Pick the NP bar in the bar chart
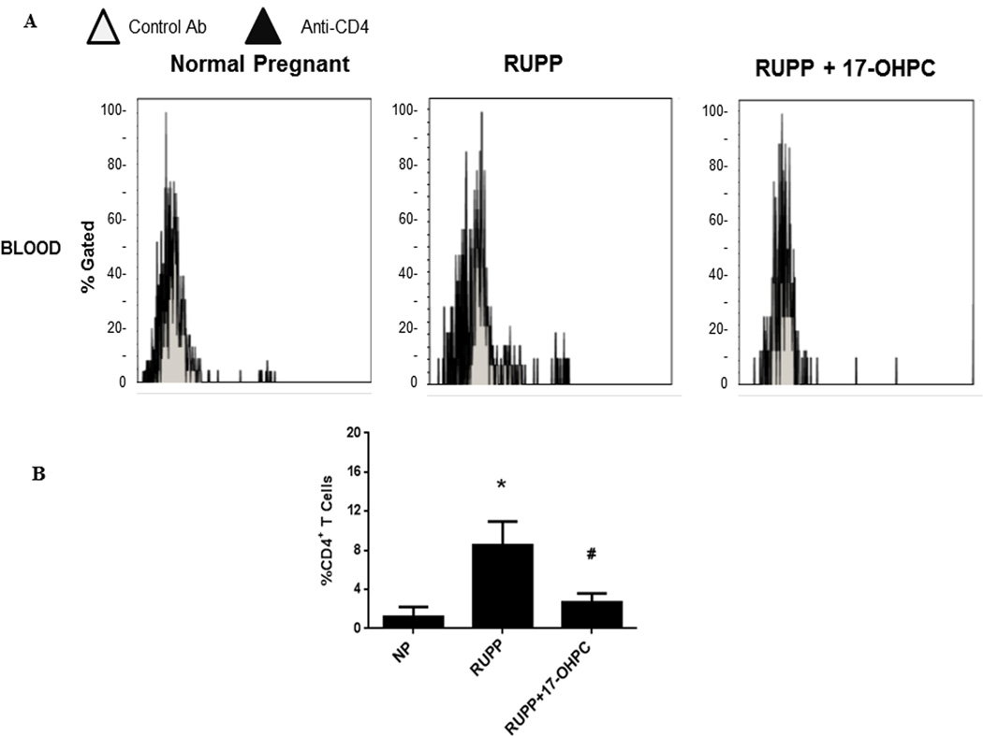(x=401, y=621)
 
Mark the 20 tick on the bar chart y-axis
(x=353, y=432)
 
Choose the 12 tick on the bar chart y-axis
(x=353, y=511)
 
